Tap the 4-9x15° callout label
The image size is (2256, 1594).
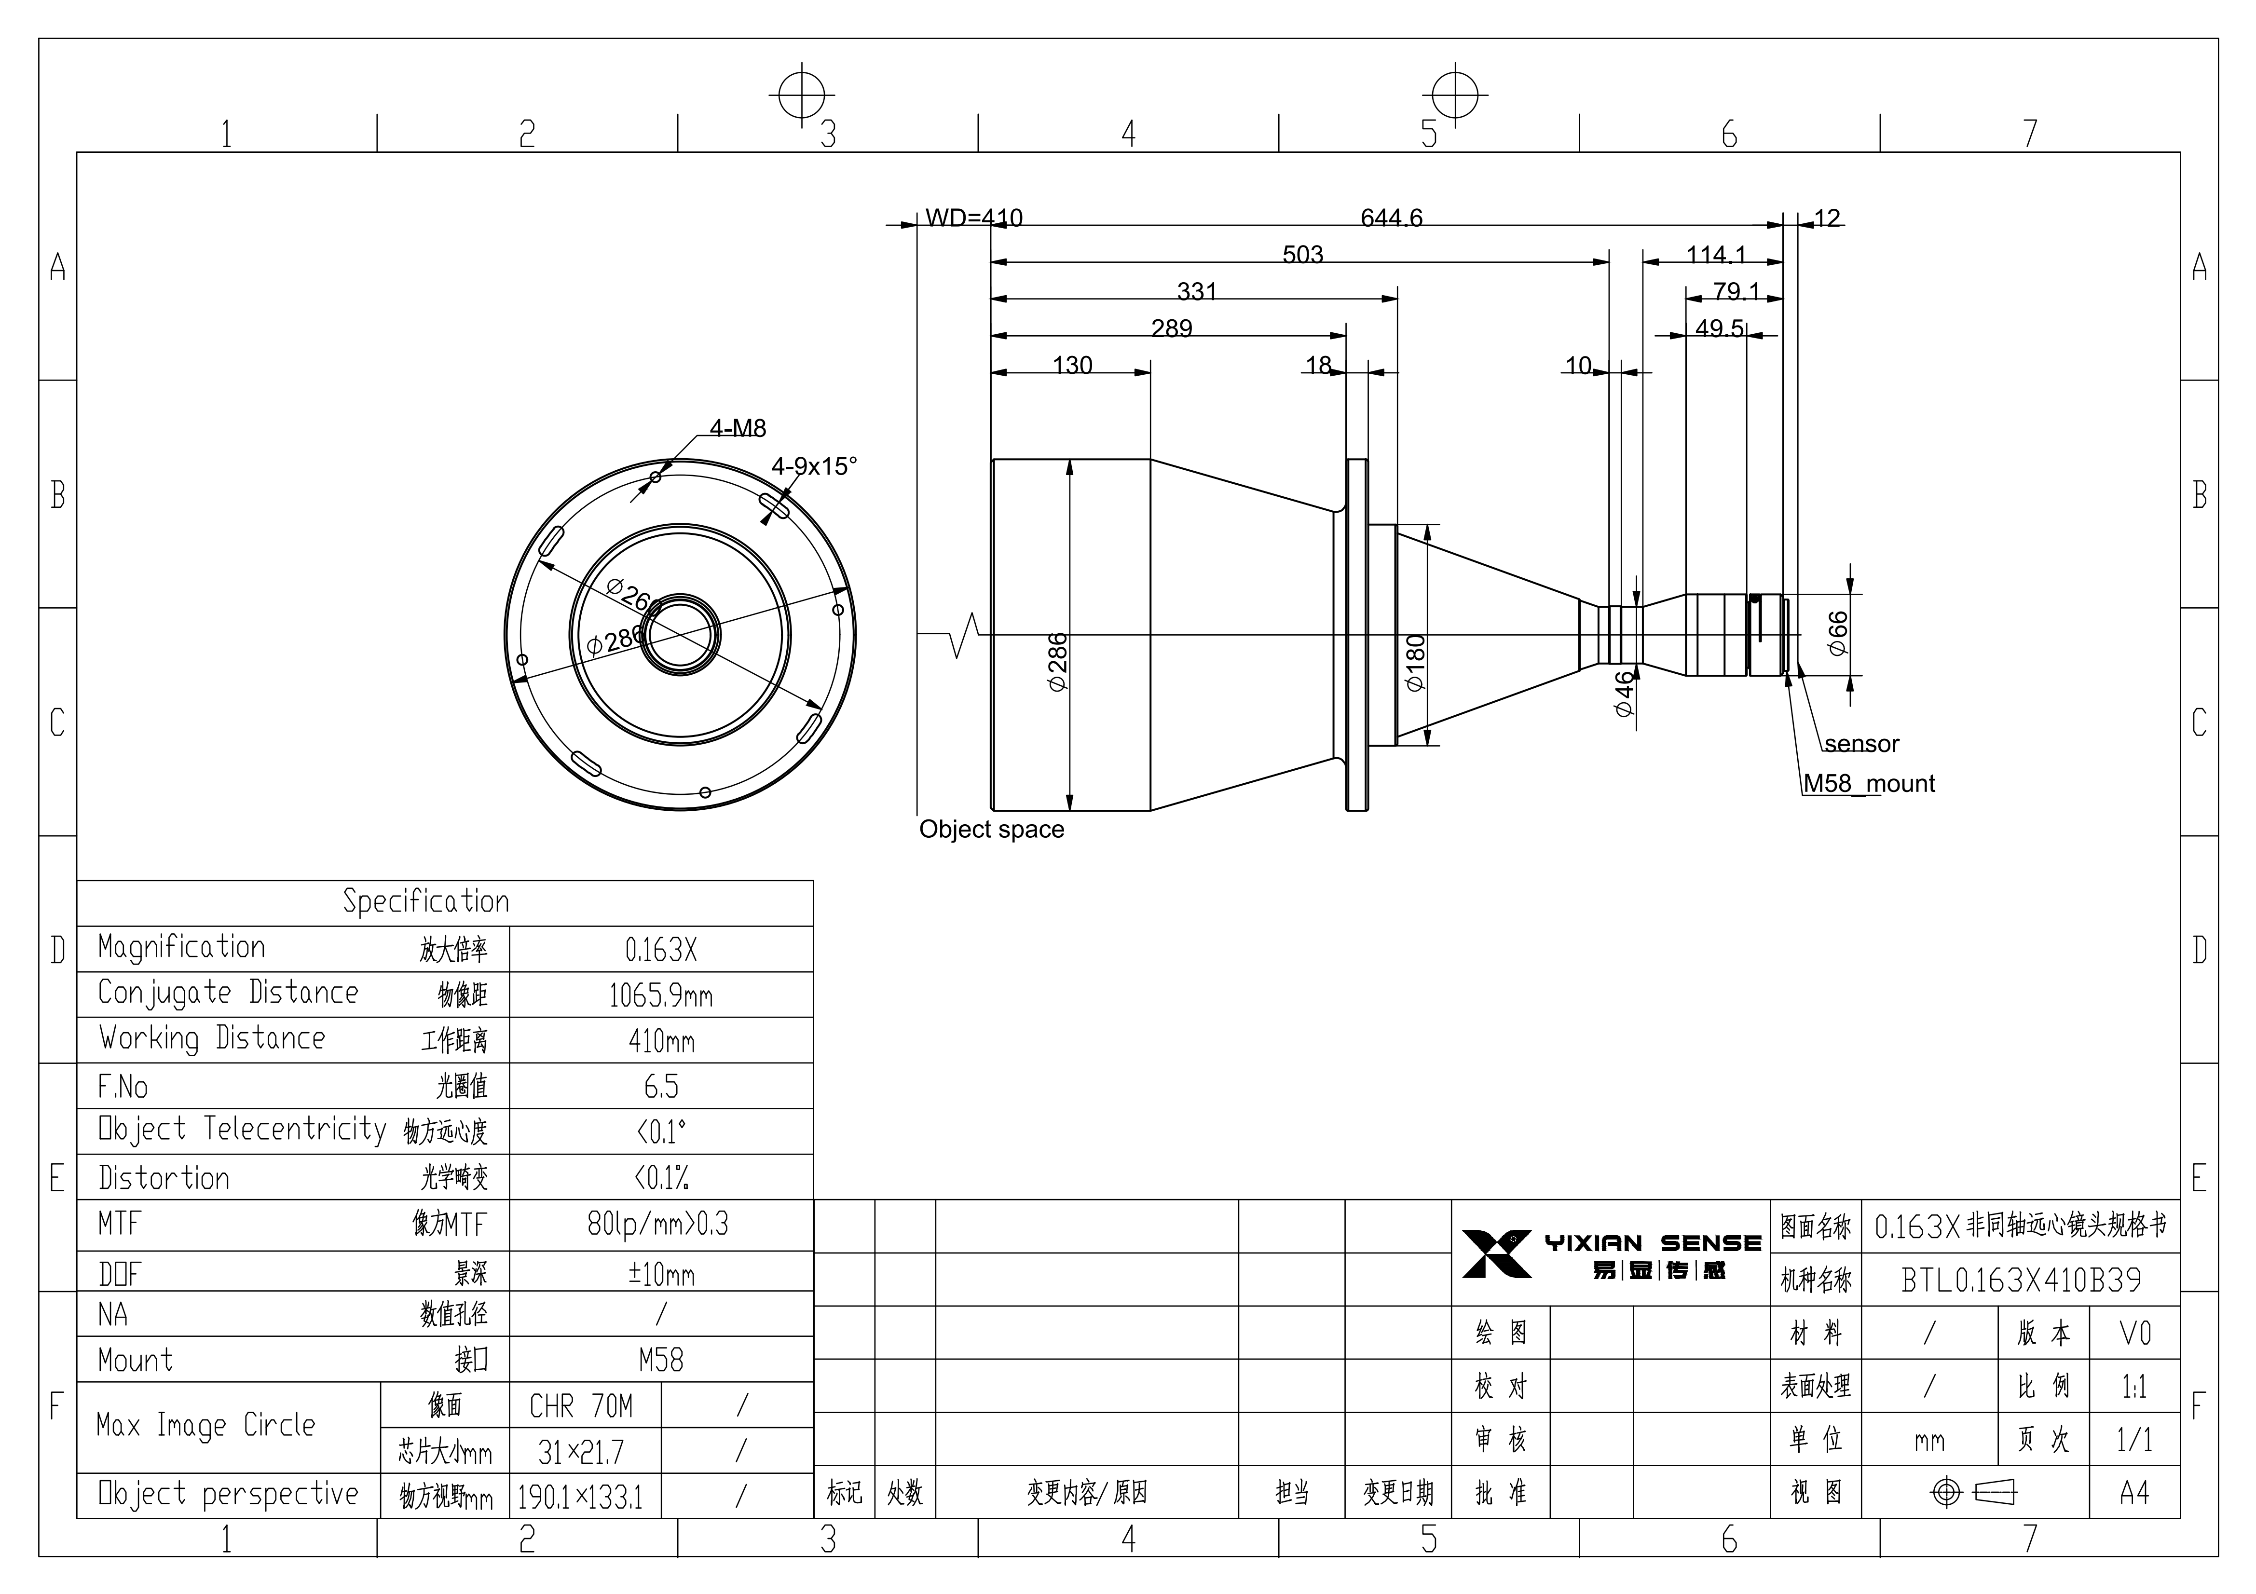(x=814, y=466)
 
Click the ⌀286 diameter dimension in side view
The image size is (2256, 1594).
(x=1057, y=662)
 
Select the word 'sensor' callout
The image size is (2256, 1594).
(x=1862, y=744)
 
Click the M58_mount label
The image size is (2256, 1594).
(x=1869, y=783)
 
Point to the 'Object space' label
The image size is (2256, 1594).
(x=991, y=830)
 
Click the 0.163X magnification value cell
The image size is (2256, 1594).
(x=661, y=949)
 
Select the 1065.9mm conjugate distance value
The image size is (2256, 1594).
(x=661, y=995)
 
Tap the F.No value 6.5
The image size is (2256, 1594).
(x=661, y=1086)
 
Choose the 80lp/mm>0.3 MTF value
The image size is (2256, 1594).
(x=658, y=1224)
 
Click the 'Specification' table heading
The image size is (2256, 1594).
(x=426, y=901)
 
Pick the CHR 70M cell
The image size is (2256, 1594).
(x=582, y=1406)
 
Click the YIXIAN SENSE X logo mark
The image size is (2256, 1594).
(x=1496, y=1254)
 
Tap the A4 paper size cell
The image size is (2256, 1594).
(x=2134, y=1493)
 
